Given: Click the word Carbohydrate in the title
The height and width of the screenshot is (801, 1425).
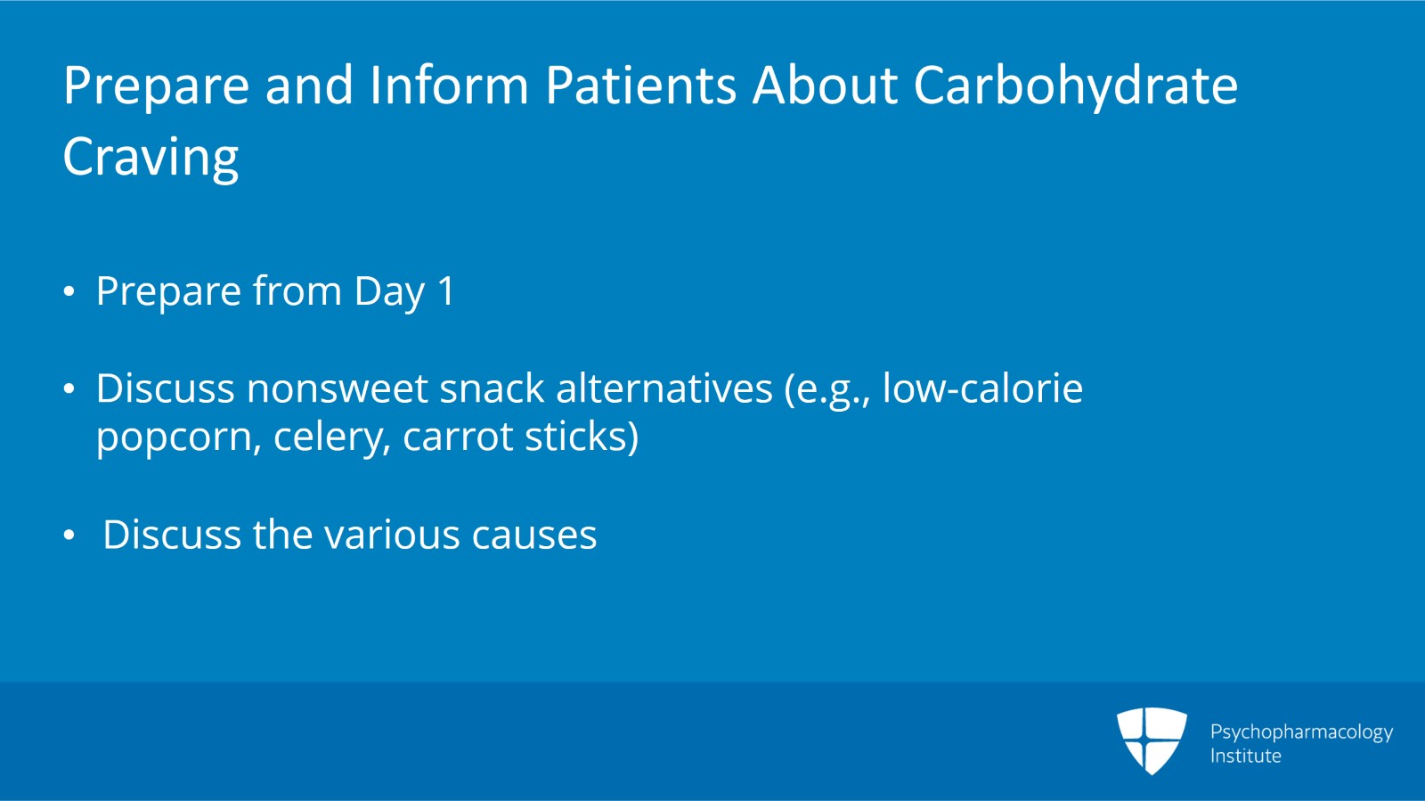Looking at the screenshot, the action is tap(1076, 87).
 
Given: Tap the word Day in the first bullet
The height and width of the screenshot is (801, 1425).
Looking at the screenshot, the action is tap(389, 293).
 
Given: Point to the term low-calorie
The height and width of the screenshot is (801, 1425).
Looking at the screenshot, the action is tap(982, 388).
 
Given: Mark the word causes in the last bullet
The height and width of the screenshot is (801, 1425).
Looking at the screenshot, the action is tap(534, 535).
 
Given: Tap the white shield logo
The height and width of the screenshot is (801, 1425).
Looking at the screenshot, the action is tap(1152, 740).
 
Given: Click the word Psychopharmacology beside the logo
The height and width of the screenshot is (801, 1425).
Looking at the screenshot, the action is tap(1301, 732).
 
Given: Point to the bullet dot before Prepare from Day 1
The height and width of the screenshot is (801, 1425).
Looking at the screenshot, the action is tap(69, 291).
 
